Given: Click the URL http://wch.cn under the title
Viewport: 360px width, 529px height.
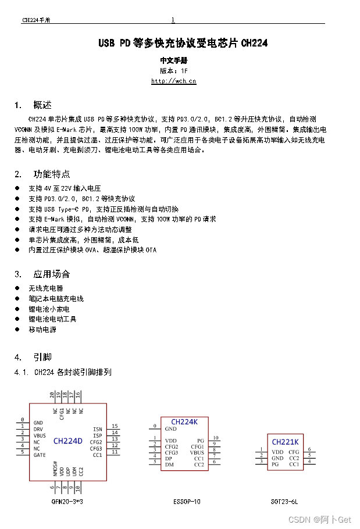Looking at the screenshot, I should (x=173, y=81).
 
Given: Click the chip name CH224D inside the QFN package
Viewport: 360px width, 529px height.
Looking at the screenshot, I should (x=68, y=441).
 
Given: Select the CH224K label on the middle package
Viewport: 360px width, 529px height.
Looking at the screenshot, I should (x=184, y=421).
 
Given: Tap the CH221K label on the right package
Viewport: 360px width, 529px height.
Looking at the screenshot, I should (x=285, y=442).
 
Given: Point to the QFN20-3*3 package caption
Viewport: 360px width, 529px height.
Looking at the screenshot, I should (x=67, y=501).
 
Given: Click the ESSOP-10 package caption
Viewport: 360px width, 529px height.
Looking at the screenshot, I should (x=187, y=501).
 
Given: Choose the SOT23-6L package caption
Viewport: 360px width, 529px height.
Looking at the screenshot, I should (x=285, y=501).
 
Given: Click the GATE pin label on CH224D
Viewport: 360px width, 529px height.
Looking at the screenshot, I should (x=40, y=455).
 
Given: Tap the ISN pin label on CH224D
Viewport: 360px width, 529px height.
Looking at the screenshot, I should (x=97, y=429).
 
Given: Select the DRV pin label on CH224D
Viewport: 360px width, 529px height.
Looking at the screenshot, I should (x=38, y=429).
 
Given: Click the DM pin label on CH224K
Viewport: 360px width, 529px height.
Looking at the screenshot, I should (x=169, y=464).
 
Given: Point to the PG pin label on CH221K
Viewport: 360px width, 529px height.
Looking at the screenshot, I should (x=275, y=464).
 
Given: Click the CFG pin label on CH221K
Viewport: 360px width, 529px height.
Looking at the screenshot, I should (x=294, y=452).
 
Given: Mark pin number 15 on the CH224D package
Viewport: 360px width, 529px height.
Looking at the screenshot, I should (x=115, y=426).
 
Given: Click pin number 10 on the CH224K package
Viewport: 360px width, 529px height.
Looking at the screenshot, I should (x=215, y=438).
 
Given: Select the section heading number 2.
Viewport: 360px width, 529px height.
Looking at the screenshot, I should (x=18, y=174).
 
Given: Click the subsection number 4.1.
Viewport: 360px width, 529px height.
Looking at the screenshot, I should (x=22, y=372).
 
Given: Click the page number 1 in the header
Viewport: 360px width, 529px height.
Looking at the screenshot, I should (x=173, y=20).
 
